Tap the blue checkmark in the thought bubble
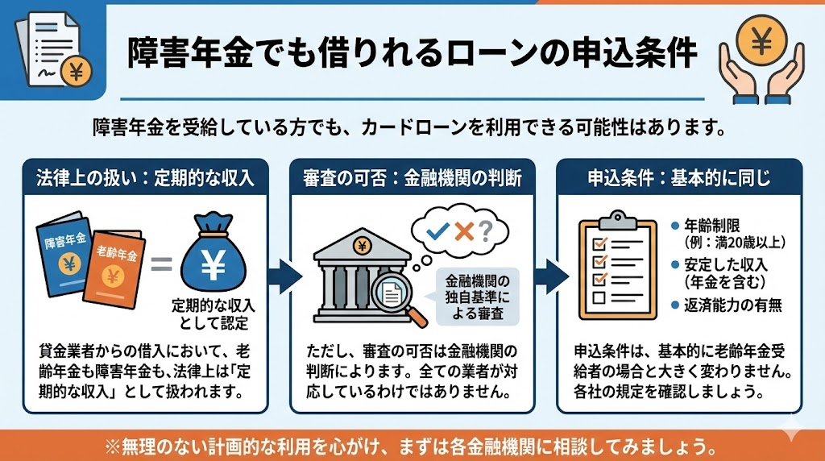(438, 232)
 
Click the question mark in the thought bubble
(485, 232)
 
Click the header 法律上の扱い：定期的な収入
(146, 177)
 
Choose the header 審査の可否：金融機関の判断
(412, 177)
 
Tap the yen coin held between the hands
(761, 40)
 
